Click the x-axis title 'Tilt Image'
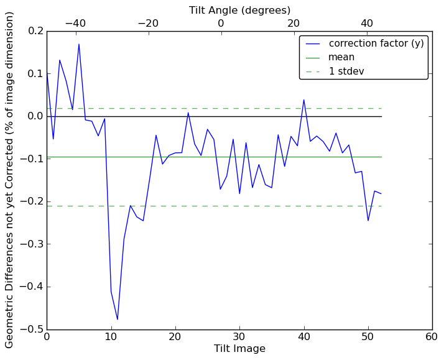239,349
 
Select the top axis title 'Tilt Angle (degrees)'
239,10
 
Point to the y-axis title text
10,180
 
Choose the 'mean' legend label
341,57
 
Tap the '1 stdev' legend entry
346,71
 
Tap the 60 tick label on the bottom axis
432,336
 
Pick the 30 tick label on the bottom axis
239,336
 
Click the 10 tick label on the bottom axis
111,336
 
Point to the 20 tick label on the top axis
294,23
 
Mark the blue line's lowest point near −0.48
118,320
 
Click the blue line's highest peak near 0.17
79,44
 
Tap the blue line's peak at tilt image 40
304,99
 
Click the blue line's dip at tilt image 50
368,221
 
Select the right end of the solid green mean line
381,157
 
